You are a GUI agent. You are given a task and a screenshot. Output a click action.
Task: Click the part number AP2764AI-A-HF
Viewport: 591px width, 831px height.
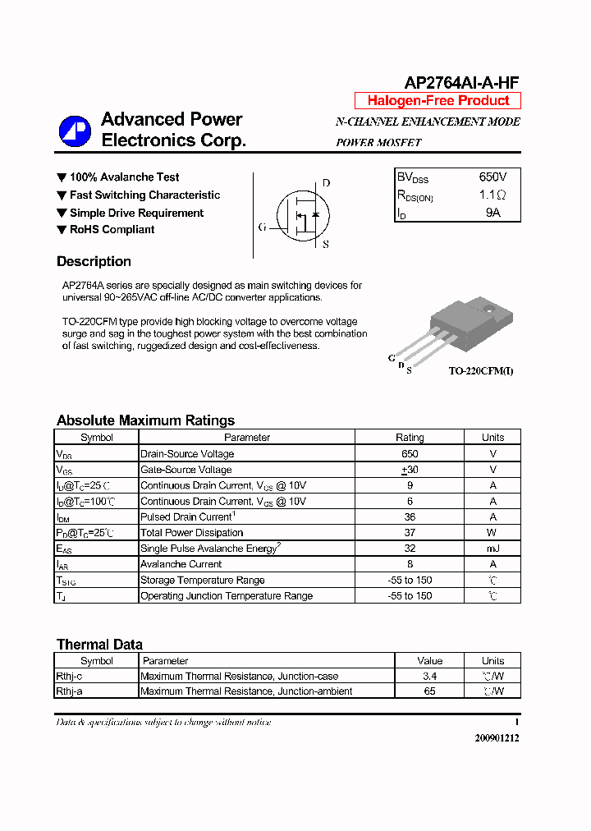[461, 82]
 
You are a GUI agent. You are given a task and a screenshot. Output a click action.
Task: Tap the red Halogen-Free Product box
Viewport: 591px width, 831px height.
[438, 101]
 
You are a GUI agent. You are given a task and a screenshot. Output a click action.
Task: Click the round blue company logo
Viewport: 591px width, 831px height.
[75, 131]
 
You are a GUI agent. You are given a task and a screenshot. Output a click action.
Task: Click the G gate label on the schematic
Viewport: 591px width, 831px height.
[262, 227]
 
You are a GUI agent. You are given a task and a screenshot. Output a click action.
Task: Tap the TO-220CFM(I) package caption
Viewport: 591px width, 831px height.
[481, 371]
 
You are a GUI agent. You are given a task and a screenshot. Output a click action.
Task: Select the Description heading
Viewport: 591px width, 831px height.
[94, 262]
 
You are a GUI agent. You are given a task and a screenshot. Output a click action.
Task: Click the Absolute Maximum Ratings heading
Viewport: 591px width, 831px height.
[145, 420]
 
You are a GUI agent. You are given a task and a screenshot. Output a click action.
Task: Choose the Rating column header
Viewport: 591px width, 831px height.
[410, 438]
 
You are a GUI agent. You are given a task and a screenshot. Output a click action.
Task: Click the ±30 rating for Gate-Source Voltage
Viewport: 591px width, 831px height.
[410, 470]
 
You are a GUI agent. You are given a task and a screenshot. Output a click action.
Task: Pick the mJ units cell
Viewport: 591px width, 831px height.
[492, 549]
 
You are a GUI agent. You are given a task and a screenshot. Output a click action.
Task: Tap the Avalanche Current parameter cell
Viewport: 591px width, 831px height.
[181, 564]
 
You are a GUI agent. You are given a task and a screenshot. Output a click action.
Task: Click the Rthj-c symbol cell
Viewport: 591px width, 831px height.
[69, 677]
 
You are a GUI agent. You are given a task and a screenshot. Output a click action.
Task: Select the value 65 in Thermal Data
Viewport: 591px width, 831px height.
[429, 691]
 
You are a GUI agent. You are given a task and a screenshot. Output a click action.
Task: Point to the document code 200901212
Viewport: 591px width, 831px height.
[497, 737]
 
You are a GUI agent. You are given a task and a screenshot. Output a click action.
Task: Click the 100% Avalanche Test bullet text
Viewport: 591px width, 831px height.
[124, 177]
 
